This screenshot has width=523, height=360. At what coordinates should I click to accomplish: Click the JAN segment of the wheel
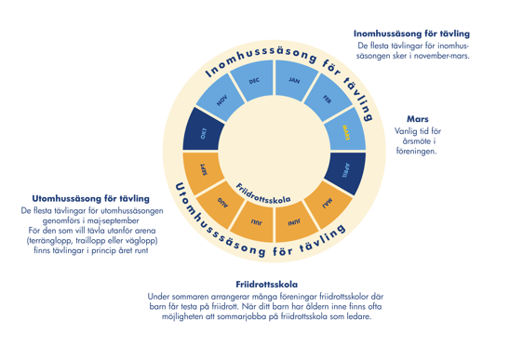point(294,80)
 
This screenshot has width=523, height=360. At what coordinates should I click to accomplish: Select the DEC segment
point(254,81)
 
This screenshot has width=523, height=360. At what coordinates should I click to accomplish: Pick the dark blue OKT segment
point(203,133)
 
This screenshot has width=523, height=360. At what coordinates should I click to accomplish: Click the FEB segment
point(328,99)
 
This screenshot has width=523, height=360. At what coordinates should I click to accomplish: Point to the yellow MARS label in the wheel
point(346,133)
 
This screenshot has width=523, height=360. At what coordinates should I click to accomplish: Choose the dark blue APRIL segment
point(346,170)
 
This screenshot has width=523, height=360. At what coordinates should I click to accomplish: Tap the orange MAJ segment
point(328,203)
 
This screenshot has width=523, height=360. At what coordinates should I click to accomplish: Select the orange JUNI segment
point(294,222)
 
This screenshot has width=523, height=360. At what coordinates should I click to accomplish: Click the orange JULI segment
point(254,222)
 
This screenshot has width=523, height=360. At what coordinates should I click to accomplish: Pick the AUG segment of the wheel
point(221,203)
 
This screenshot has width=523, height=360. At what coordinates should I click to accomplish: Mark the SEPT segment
point(203,170)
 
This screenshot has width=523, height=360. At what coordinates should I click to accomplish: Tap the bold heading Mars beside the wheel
point(418,119)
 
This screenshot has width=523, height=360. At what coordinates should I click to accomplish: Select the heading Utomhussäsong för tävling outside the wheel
point(90,199)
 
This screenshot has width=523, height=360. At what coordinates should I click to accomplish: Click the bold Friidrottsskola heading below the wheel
point(267,285)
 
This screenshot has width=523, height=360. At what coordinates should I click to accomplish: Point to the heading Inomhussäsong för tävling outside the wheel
point(411,33)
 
